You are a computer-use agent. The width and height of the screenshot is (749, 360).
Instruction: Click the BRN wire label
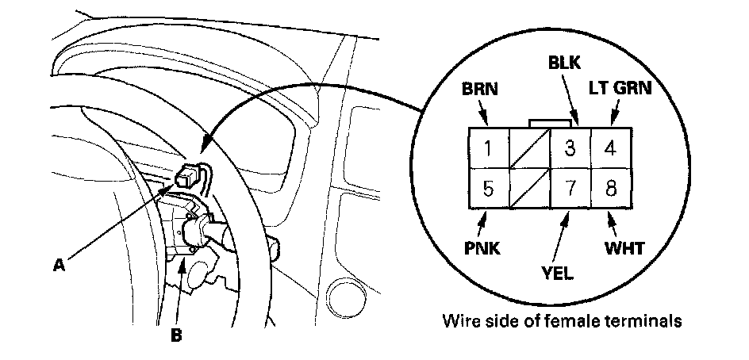pos(482,89)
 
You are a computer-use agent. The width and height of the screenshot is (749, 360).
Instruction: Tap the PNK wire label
pos(482,248)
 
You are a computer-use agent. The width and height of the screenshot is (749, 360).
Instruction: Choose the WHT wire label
pos(624,248)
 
